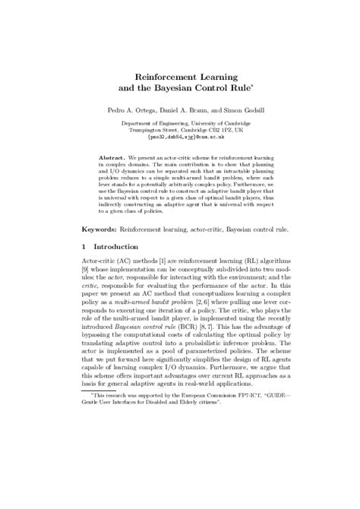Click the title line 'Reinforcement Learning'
pos(180,77)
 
